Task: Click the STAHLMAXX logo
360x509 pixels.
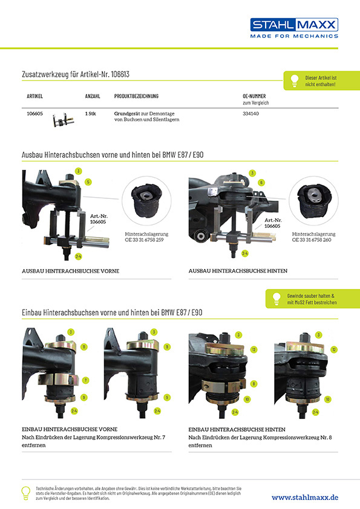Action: pyautogui.click(x=294, y=28)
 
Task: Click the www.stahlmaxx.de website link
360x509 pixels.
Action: pyautogui.click(x=305, y=498)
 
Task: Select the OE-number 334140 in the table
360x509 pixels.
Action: pyautogui.click(x=251, y=114)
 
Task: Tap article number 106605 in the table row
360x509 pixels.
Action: pyautogui.click(x=34, y=114)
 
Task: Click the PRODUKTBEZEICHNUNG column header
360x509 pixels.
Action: pyautogui.click(x=136, y=96)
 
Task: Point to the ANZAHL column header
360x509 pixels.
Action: pyautogui.click(x=93, y=96)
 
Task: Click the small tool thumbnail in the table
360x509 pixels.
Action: pyautogui.click(x=64, y=120)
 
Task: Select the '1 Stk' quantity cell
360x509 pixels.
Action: pyautogui.click(x=90, y=114)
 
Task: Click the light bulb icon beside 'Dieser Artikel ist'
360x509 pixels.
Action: pyautogui.click(x=295, y=81)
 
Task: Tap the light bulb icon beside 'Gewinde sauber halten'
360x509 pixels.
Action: pyautogui.click(x=277, y=299)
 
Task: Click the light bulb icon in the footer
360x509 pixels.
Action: pyautogui.click(x=26, y=493)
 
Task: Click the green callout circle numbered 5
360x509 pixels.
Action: pyautogui.click(x=88, y=182)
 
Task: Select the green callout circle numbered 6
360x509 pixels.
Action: pyautogui.click(x=261, y=183)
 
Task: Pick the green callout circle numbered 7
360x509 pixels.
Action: pyautogui.click(x=85, y=380)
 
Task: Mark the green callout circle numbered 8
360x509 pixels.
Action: pyautogui.click(x=254, y=384)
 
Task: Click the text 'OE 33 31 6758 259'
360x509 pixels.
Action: pyautogui.click(x=144, y=240)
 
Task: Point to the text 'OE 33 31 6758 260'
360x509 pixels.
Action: pyautogui.click(x=312, y=240)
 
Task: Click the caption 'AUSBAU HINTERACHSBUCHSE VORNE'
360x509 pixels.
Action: pyautogui.click(x=71, y=271)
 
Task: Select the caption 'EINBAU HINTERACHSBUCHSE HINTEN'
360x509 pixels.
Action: pyautogui.click(x=237, y=429)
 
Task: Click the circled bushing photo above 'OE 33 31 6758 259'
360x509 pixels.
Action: pyautogui.click(x=146, y=201)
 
